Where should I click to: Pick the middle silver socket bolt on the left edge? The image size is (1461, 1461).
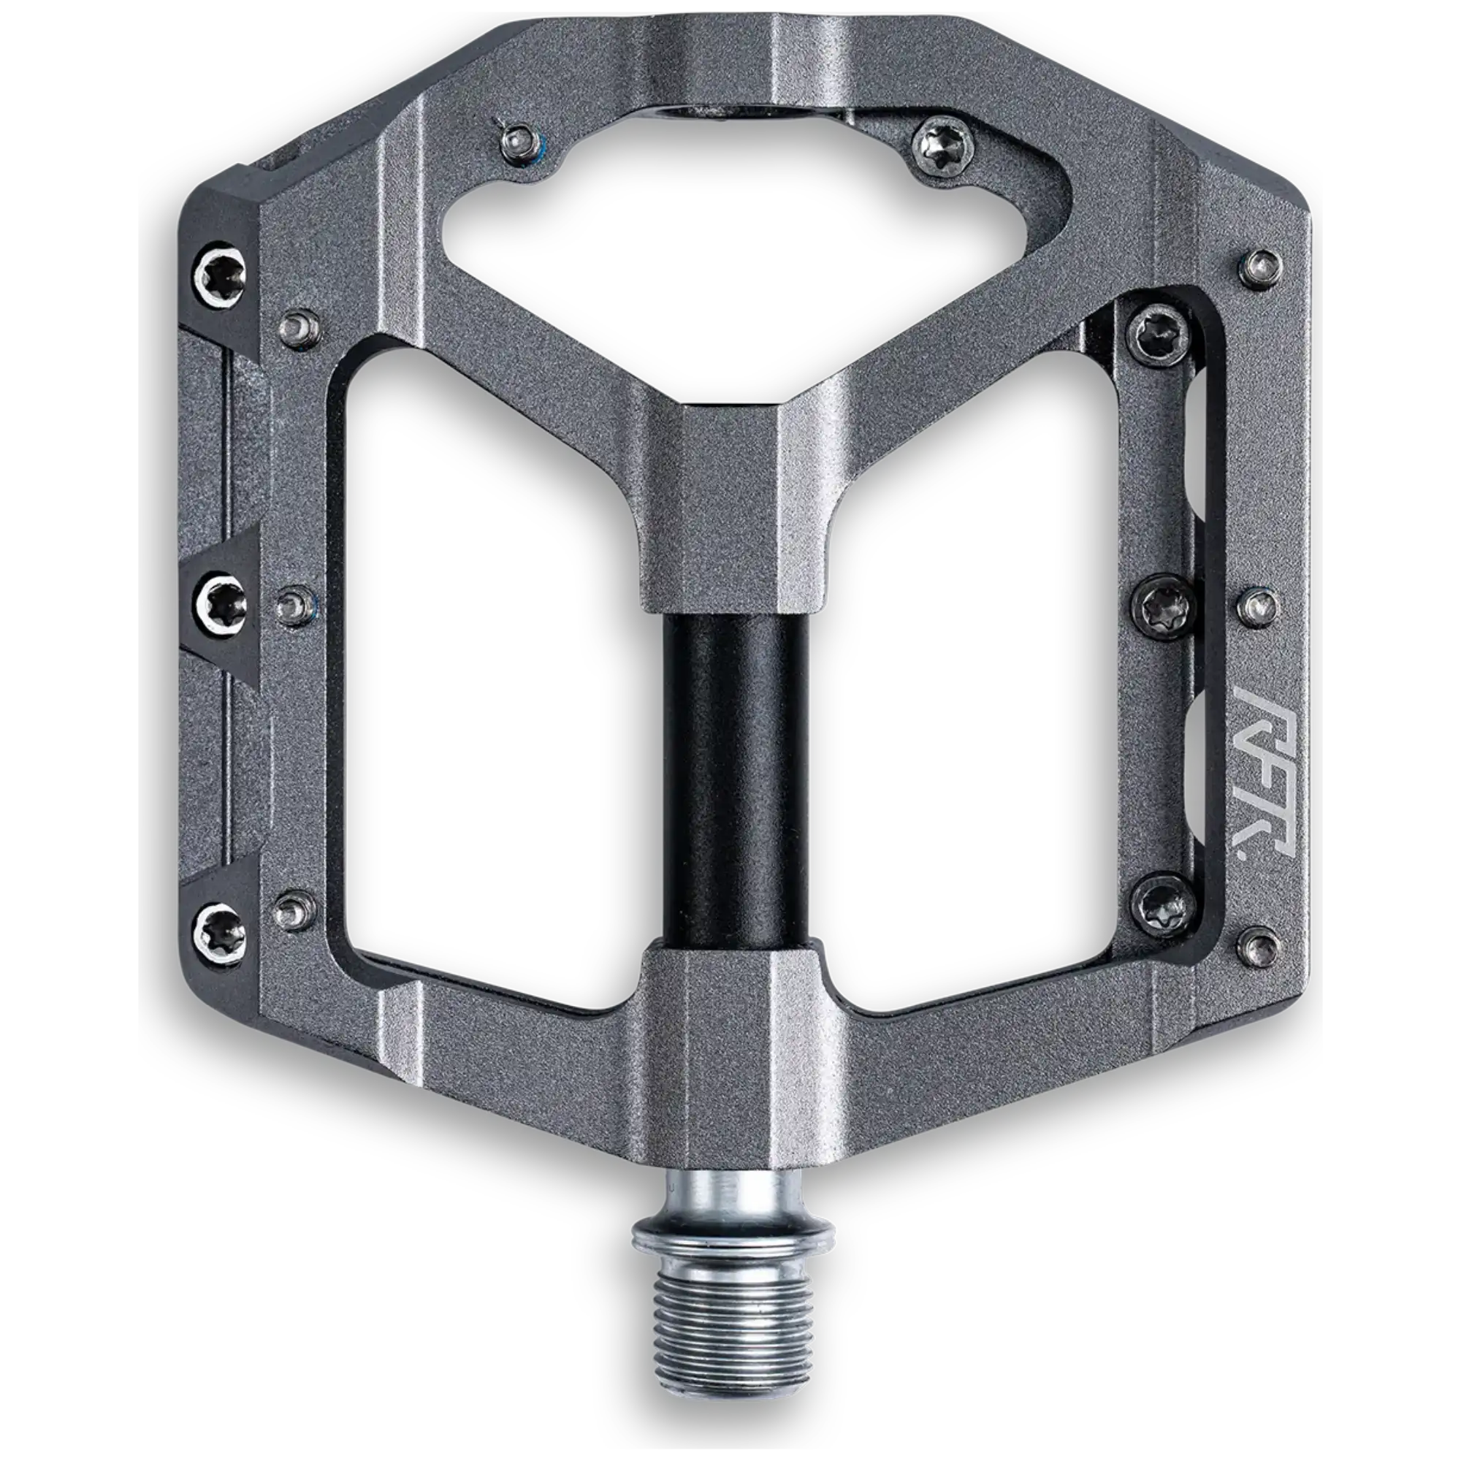point(222,607)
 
